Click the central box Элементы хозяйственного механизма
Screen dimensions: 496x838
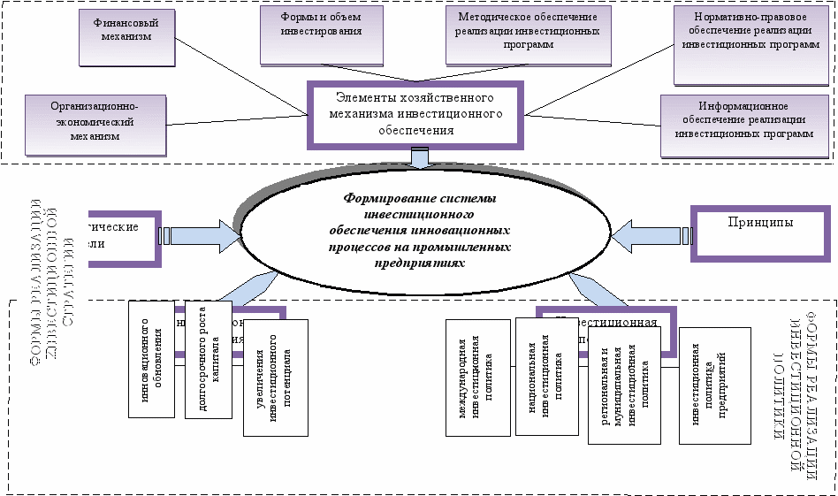coord(415,114)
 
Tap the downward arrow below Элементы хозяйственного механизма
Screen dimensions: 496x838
coord(419,159)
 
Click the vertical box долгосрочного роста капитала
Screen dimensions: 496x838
coord(209,359)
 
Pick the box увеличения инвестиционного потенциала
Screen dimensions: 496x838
coord(275,378)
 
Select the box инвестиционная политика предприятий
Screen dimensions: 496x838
coord(714,385)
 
